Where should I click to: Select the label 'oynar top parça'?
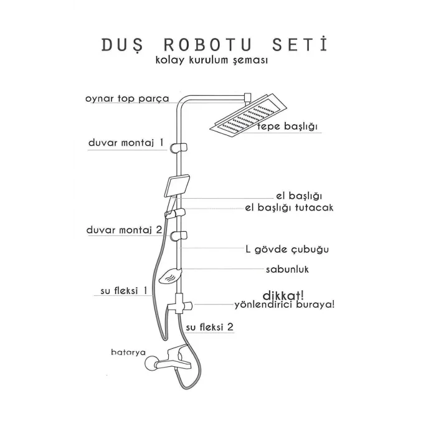126,98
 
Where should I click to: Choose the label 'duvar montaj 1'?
126,143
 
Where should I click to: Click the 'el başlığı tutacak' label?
290,207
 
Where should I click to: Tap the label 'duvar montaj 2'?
125,230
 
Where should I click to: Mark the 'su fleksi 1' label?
124,290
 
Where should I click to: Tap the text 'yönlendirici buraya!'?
284,305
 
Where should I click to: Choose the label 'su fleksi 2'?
210,326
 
